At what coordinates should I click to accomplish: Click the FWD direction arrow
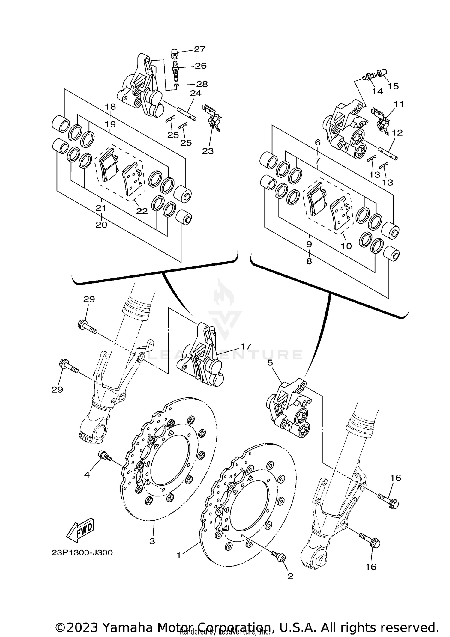(x=80, y=530)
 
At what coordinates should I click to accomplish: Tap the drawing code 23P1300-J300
(x=82, y=552)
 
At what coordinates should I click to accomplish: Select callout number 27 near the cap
(x=199, y=49)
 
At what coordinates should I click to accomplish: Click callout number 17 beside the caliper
(x=245, y=347)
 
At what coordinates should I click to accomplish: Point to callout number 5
(x=270, y=363)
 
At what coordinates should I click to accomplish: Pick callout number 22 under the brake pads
(x=142, y=211)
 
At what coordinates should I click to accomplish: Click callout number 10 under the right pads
(x=346, y=246)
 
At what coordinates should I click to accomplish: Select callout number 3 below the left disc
(x=152, y=541)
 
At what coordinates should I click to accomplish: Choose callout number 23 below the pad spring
(x=208, y=151)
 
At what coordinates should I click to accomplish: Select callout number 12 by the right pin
(x=397, y=132)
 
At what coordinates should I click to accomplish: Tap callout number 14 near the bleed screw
(x=377, y=91)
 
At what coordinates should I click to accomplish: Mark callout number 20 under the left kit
(x=101, y=225)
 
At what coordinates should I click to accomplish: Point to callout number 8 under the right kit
(x=309, y=261)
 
